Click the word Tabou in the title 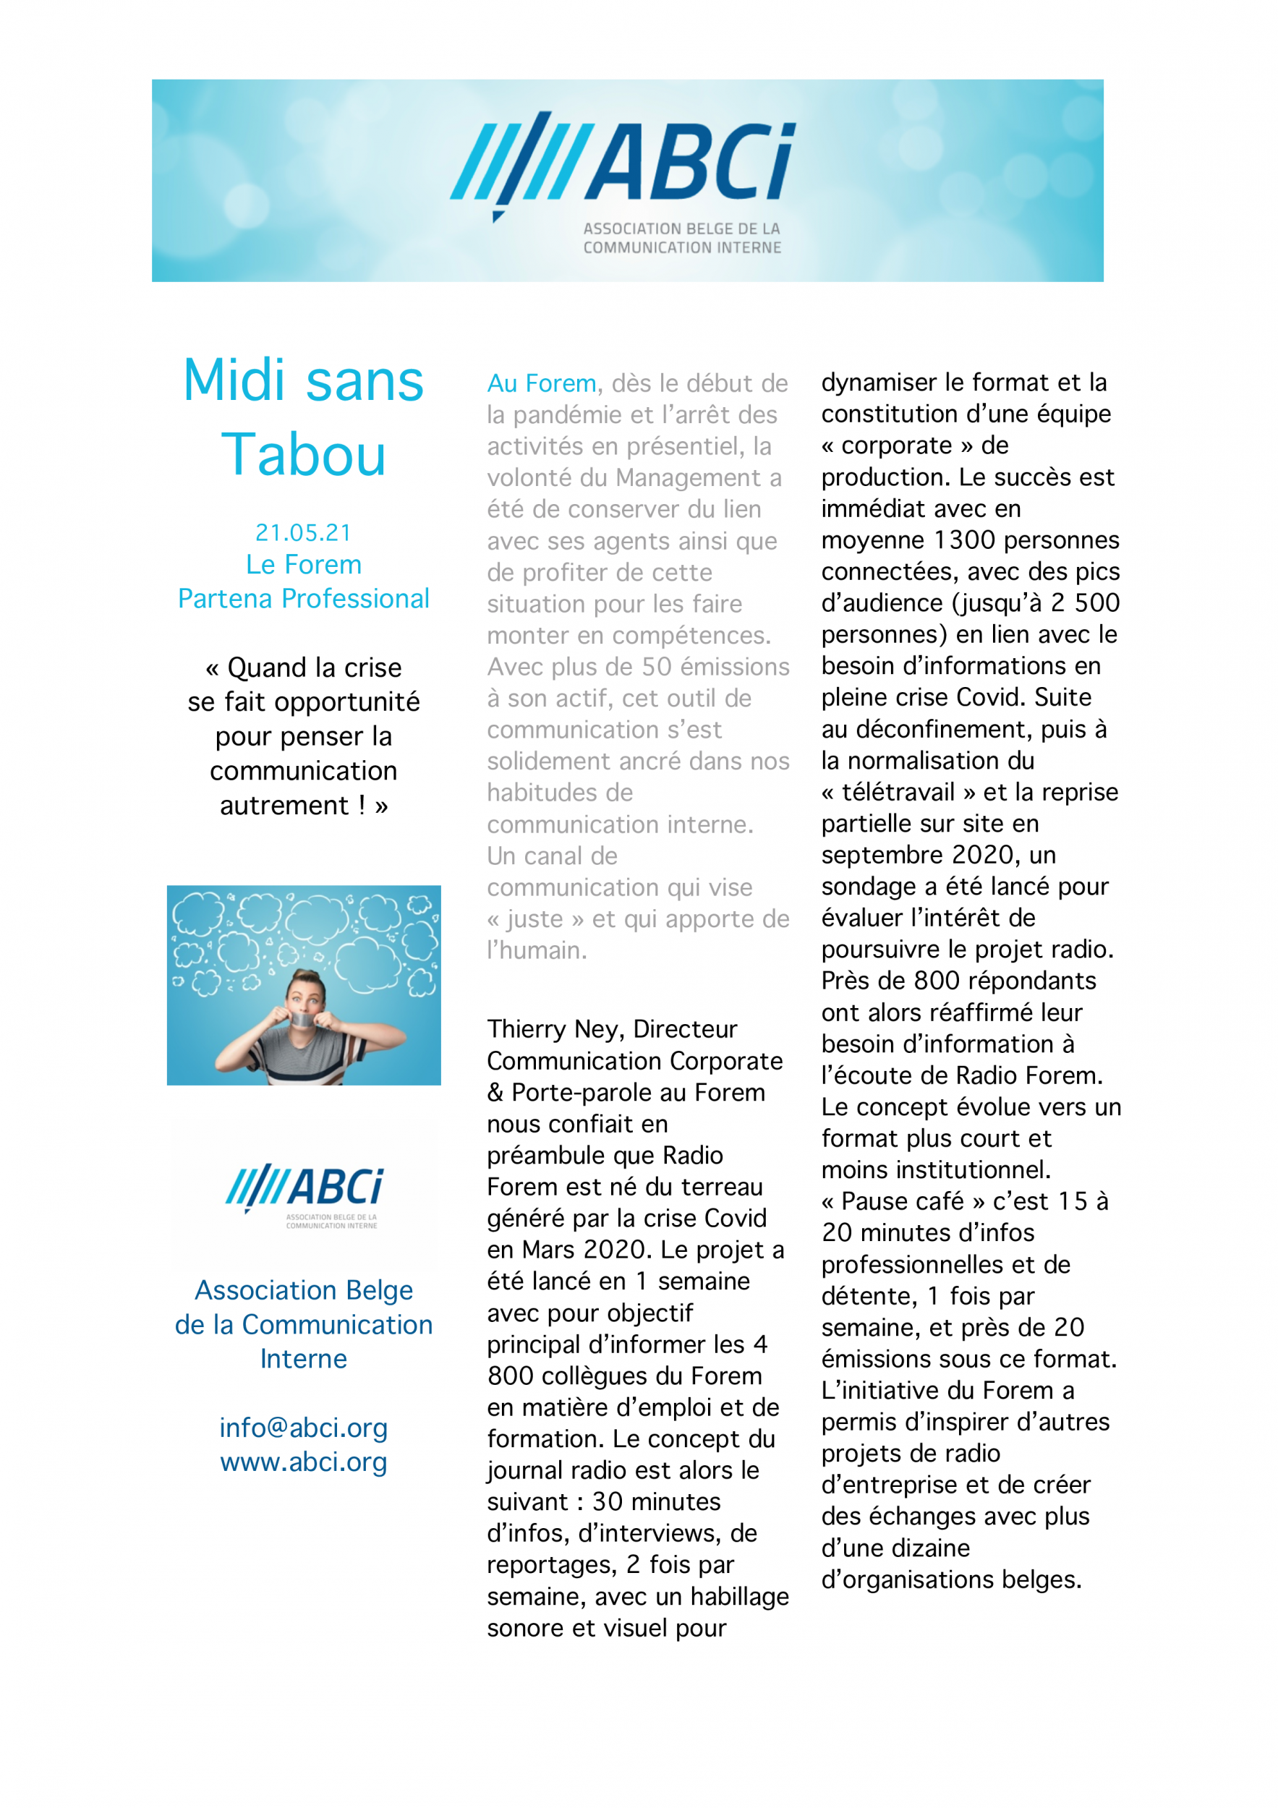point(303,455)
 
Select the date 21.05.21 point(303,533)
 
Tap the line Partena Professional point(303,600)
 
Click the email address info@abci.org point(303,1428)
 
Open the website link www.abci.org point(303,1462)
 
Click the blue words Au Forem point(542,383)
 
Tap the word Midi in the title point(234,381)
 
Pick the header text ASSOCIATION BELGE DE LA point(681,229)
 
